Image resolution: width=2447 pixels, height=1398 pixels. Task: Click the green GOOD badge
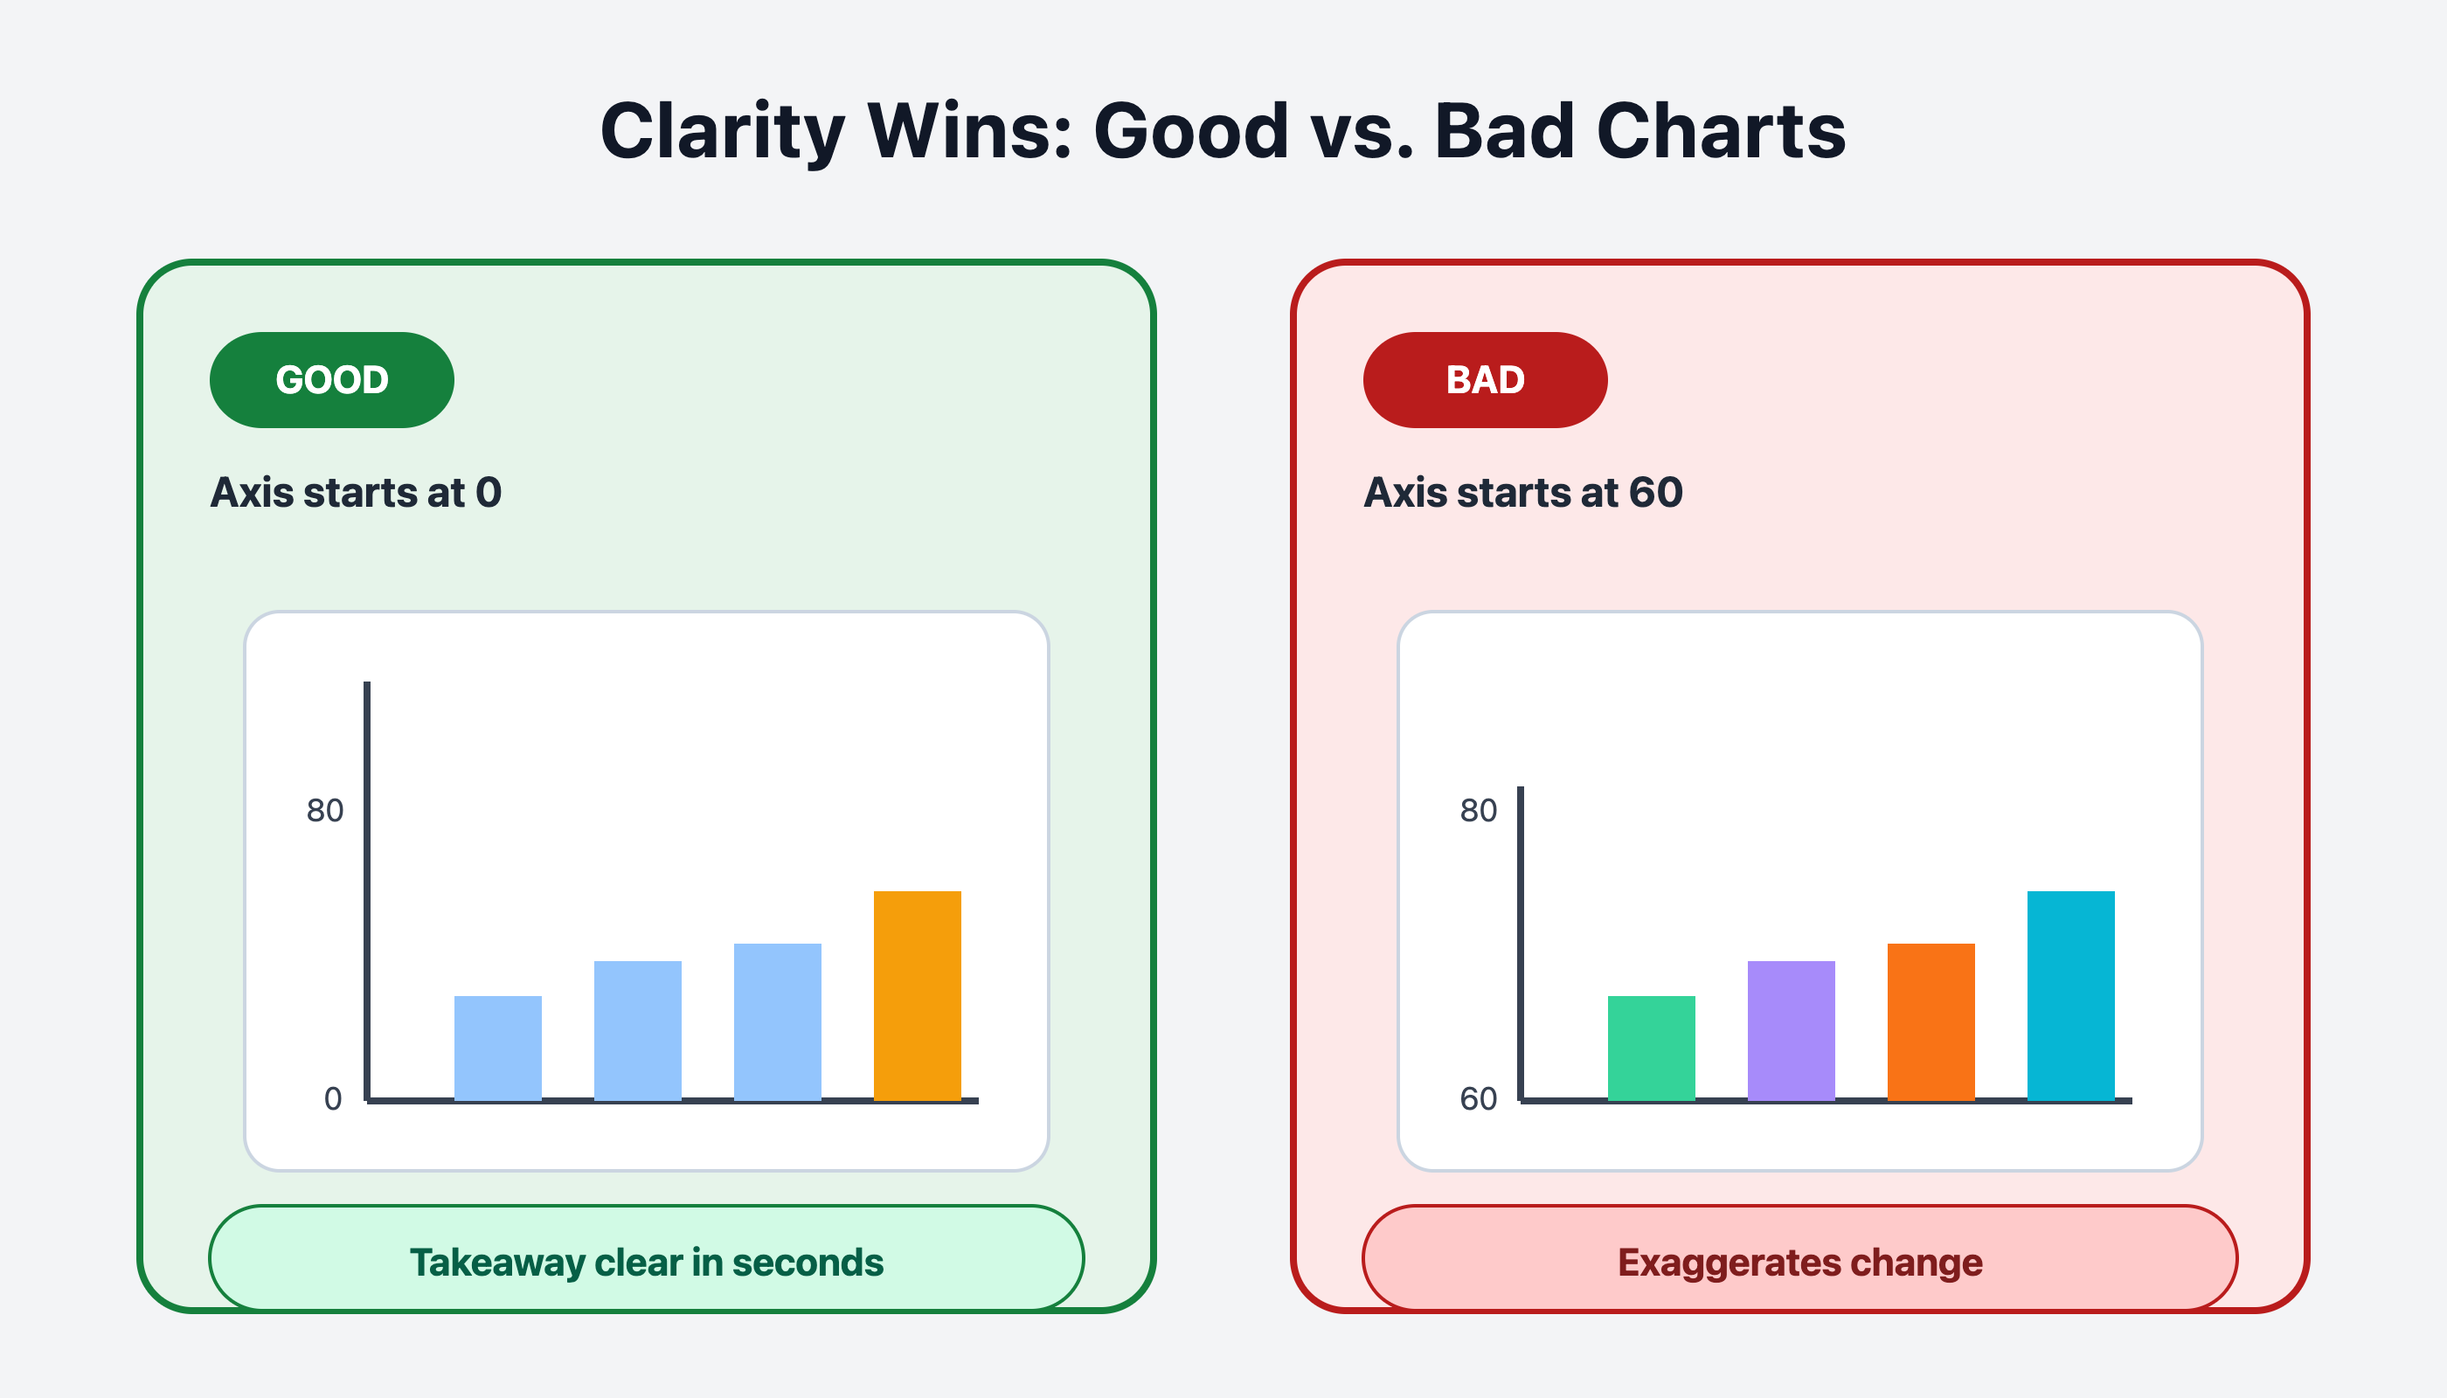click(x=331, y=380)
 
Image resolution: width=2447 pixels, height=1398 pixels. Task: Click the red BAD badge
click(x=1485, y=380)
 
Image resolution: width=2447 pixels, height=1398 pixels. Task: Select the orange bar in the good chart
click(x=917, y=996)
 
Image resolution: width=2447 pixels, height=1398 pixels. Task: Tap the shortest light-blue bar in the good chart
click(x=497, y=1048)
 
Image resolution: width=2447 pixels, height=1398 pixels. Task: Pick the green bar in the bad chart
click(x=1651, y=1048)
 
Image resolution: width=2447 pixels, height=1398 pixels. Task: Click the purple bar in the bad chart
click(x=1791, y=1031)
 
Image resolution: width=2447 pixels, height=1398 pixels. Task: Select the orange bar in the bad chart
click(x=1931, y=1022)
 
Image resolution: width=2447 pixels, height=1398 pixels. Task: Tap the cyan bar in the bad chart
click(x=2070, y=996)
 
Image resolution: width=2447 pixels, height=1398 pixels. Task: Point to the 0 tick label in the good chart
click(x=333, y=1098)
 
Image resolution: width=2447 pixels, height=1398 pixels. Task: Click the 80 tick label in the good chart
click(x=324, y=810)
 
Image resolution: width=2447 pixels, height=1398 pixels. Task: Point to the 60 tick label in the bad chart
click(x=1478, y=1098)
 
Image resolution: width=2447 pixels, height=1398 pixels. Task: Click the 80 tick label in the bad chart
click(x=1478, y=810)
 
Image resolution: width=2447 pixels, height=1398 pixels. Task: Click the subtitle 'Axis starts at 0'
click(x=357, y=493)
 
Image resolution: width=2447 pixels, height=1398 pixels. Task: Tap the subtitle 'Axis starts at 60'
click(x=1523, y=493)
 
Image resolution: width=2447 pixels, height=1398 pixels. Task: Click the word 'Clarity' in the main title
click(x=722, y=133)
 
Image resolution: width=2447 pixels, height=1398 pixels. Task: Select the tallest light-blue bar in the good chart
click(x=778, y=1022)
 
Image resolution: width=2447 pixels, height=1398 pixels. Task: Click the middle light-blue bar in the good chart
click(x=638, y=1031)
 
